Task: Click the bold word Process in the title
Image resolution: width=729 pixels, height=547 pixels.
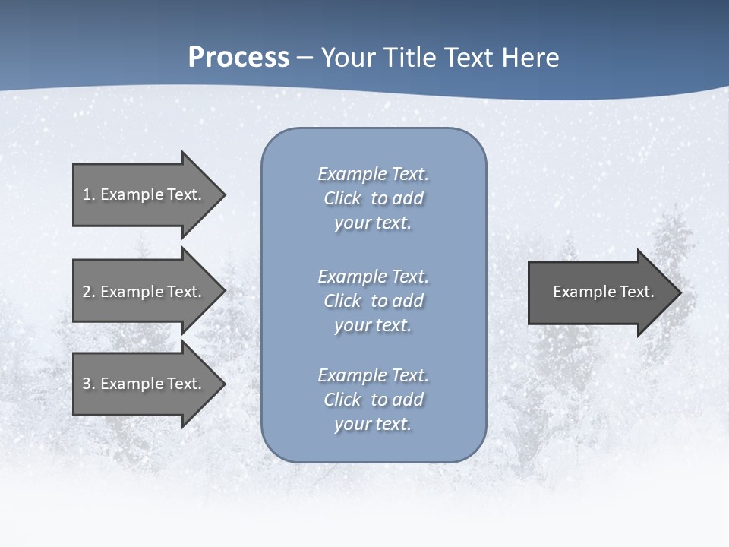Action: pyautogui.click(x=238, y=58)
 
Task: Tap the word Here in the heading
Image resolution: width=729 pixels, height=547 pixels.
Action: pyautogui.click(x=530, y=58)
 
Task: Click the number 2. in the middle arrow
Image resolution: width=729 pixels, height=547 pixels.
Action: pyautogui.click(x=89, y=292)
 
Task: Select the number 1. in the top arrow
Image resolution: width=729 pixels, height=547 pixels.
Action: pyautogui.click(x=89, y=194)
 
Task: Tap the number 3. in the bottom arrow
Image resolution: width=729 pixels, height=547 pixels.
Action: pyautogui.click(x=89, y=384)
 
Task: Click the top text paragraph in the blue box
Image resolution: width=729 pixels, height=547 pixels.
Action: pyautogui.click(x=373, y=198)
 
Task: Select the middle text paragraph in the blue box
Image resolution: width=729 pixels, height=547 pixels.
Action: pyautogui.click(x=373, y=301)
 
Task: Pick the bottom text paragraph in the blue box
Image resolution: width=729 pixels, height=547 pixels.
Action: pyautogui.click(x=373, y=400)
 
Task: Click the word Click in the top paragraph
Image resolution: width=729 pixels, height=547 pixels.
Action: pyautogui.click(x=342, y=198)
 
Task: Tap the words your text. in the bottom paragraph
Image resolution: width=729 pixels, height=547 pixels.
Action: pyautogui.click(x=373, y=424)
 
